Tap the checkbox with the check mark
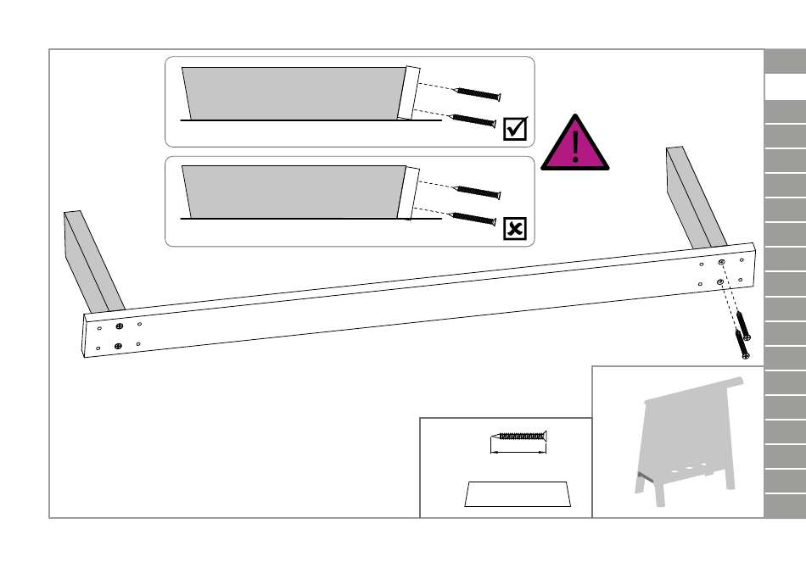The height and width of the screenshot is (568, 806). click(x=515, y=128)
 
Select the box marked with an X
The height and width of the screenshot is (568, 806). click(x=515, y=228)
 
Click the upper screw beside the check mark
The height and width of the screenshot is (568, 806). click(x=479, y=92)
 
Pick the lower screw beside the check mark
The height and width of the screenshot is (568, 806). click(x=473, y=120)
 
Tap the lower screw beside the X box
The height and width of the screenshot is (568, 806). click(x=473, y=219)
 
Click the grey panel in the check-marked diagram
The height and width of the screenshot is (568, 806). click(x=293, y=92)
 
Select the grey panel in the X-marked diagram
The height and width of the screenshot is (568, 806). click(x=293, y=191)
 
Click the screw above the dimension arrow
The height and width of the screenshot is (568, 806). click(x=519, y=437)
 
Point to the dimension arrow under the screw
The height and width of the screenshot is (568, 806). click(x=518, y=452)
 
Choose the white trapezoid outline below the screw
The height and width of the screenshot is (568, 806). click(x=518, y=494)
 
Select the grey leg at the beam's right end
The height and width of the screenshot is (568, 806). click(x=695, y=198)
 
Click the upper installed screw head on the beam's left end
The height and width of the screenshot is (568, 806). click(x=120, y=326)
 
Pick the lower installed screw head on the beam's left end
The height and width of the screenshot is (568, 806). click(x=118, y=345)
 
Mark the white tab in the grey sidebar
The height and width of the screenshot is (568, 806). click(x=785, y=87)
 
